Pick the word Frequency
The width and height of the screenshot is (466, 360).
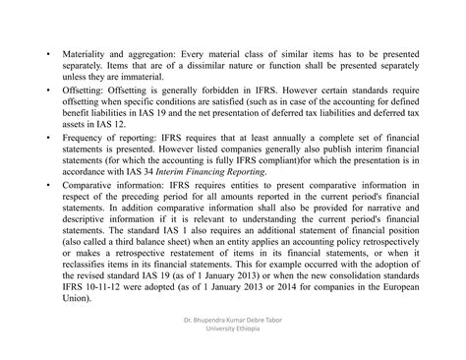coord(86,141)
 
